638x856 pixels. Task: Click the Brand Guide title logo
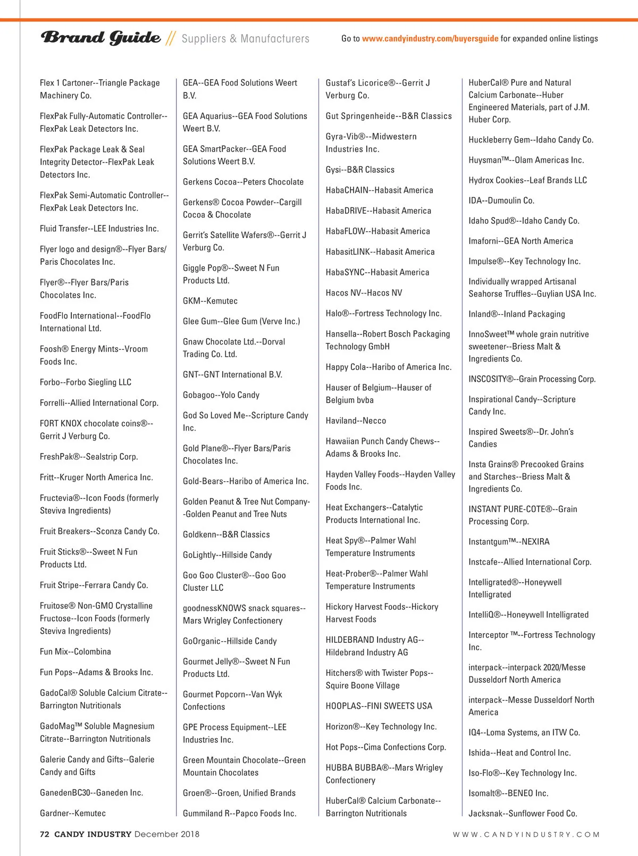[x=100, y=38]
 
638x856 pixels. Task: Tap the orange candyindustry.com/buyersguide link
[x=430, y=39]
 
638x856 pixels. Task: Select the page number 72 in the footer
[x=45, y=834]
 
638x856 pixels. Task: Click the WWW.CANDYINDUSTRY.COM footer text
[x=526, y=835]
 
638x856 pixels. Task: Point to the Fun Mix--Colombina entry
[x=75, y=652]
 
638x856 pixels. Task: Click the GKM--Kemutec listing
[x=210, y=301]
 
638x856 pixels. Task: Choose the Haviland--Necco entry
[x=356, y=421]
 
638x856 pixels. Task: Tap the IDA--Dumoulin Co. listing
[x=501, y=201]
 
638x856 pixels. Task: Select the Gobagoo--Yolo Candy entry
[x=221, y=395]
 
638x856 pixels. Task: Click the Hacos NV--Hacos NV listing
[x=364, y=293]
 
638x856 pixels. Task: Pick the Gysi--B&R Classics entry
[x=360, y=170]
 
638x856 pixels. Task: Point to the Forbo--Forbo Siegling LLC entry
[x=86, y=382]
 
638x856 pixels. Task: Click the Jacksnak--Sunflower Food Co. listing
[x=523, y=813]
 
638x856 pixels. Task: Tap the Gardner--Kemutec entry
[x=73, y=813]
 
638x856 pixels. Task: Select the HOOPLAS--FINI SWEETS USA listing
[x=379, y=706]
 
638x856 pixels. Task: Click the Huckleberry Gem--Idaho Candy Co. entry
[x=531, y=140]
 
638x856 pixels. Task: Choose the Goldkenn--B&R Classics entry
[x=226, y=535]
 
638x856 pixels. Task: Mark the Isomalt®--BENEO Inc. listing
[x=508, y=793]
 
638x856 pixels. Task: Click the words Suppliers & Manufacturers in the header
[x=245, y=39]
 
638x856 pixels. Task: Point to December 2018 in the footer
[x=167, y=834]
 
